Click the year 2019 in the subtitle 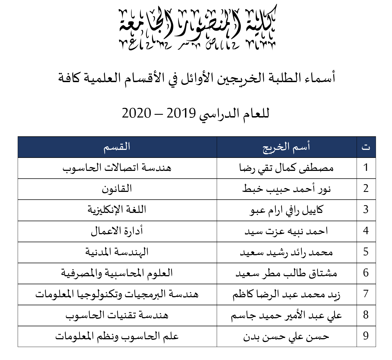click(x=181, y=113)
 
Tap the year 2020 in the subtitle click(x=136, y=113)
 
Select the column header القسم click(x=117, y=147)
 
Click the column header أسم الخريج click(x=286, y=147)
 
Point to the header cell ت click(x=366, y=147)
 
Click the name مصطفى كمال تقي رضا click(x=286, y=168)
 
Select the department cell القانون click(x=117, y=189)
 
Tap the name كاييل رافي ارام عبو click(x=286, y=210)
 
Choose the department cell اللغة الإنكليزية click(x=117, y=210)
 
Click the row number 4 click(x=366, y=231)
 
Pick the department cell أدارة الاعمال click(x=117, y=231)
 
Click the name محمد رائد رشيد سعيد click(x=286, y=252)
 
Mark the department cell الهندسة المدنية click(x=117, y=252)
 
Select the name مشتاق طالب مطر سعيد click(x=286, y=273)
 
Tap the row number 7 click(x=366, y=294)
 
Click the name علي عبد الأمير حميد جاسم click(x=286, y=315)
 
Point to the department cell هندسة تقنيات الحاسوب click(x=117, y=315)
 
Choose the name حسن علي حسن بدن click(x=286, y=336)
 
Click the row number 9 click(x=366, y=336)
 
